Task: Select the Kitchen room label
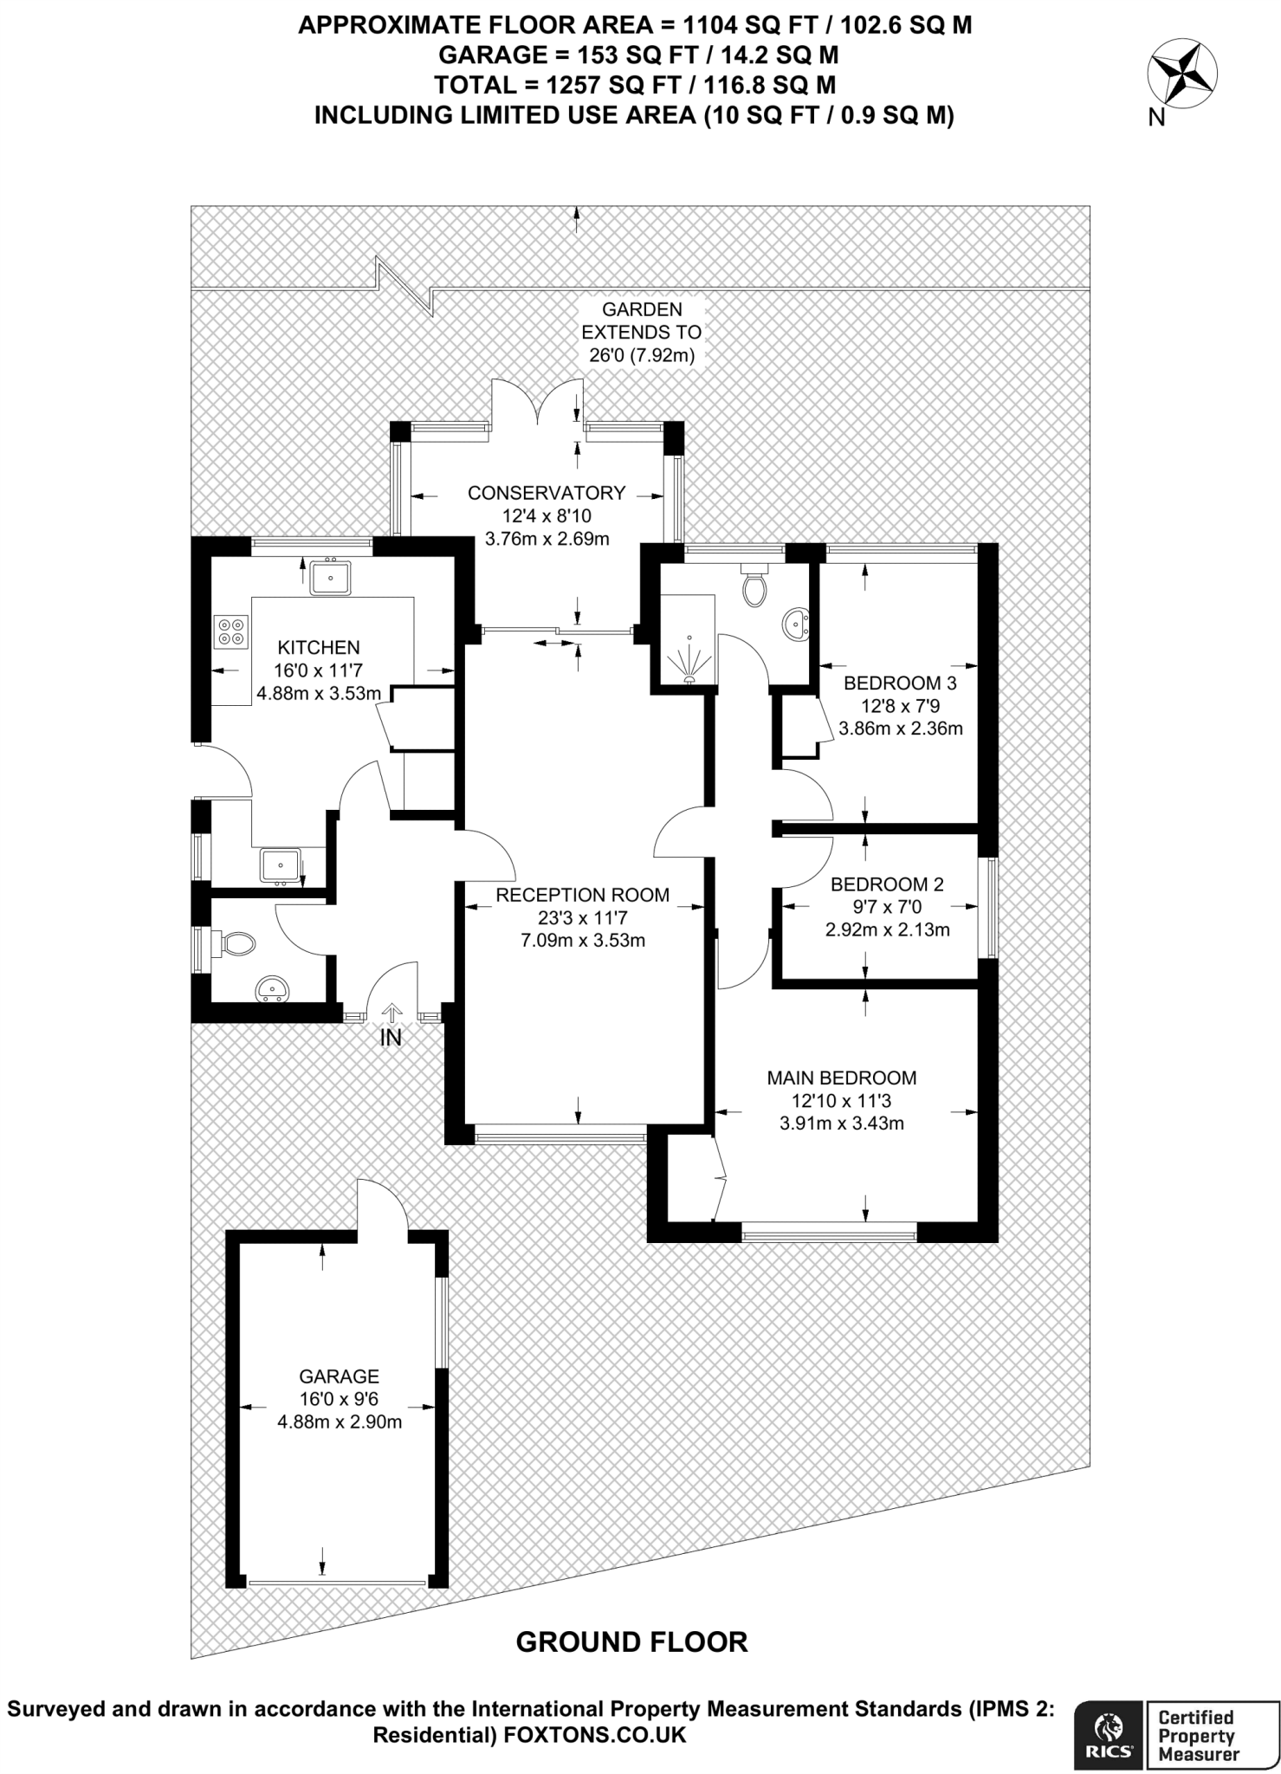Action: pyautogui.click(x=318, y=647)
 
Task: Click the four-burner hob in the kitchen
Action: pyautogui.click(x=231, y=631)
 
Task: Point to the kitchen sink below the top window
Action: pyautogui.click(x=330, y=577)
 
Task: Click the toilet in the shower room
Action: pyautogui.click(x=754, y=586)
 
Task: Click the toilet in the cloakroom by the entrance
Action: pyautogui.click(x=236, y=943)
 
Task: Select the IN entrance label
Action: pyautogui.click(x=391, y=1038)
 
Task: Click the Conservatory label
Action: pyautogui.click(x=546, y=493)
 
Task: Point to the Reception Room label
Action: pyautogui.click(x=582, y=895)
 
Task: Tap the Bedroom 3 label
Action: pyautogui.click(x=900, y=683)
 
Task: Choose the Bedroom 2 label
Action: pyautogui.click(x=887, y=884)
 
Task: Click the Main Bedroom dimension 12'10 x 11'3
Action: pyautogui.click(x=841, y=1101)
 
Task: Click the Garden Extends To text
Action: pyautogui.click(x=641, y=320)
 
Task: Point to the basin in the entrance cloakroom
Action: pyautogui.click(x=273, y=988)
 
